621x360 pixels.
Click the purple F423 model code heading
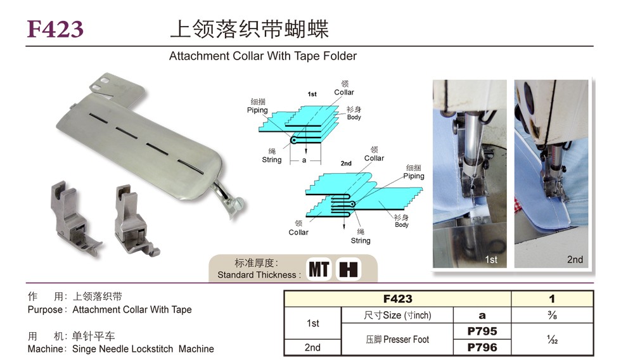click(x=55, y=29)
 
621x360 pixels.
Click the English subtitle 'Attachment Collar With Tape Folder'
click(x=262, y=56)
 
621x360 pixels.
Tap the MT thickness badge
click(x=319, y=269)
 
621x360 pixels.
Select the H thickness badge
click(x=349, y=269)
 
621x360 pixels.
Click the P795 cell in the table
click(x=482, y=331)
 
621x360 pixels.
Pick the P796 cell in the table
click(x=482, y=347)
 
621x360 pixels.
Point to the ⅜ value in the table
click(x=552, y=315)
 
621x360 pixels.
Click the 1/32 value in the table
click(x=552, y=340)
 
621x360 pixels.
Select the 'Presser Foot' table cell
click(x=397, y=340)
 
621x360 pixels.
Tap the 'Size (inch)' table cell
click(x=397, y=315)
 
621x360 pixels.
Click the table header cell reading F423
click(x=398, y=299)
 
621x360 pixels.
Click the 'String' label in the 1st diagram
click(x=272, y=160)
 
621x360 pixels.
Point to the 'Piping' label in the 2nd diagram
click(x=413, y=176)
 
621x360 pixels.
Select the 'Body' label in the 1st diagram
click(x=354, y=117)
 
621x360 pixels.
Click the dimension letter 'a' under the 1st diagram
click(x=304, y=160)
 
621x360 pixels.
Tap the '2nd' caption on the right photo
click(x=575, y=259)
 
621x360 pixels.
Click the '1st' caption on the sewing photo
click(x=491, y=259)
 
